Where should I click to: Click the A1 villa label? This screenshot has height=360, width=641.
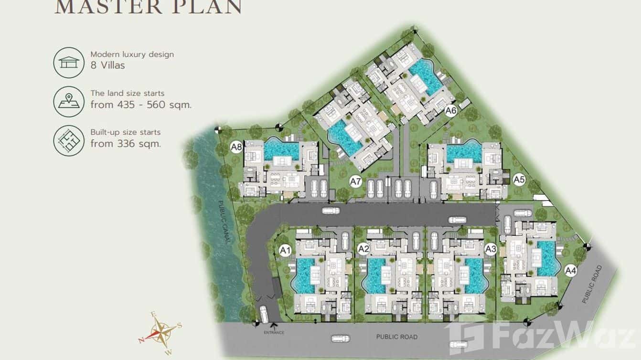coord(285,249)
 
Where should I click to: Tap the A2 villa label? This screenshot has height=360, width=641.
coord(363,249)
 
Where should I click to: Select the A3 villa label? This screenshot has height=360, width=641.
coord(491,249)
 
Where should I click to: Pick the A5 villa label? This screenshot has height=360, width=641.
coord(519,180)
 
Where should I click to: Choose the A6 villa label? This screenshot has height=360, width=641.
coord(451,111)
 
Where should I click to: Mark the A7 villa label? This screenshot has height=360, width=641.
coord(355,181)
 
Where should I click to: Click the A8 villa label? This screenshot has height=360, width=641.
coord(236,147)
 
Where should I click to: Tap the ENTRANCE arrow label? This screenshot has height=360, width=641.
coord(274,330)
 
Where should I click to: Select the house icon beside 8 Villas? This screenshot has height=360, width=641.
coord(69,62)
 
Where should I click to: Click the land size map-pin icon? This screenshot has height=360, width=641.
coord(69,102)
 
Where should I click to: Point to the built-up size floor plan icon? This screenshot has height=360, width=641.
coord(69,140)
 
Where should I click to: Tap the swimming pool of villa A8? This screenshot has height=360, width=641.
coord(281,150)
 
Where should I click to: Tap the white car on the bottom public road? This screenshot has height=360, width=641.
coord(341,339)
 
